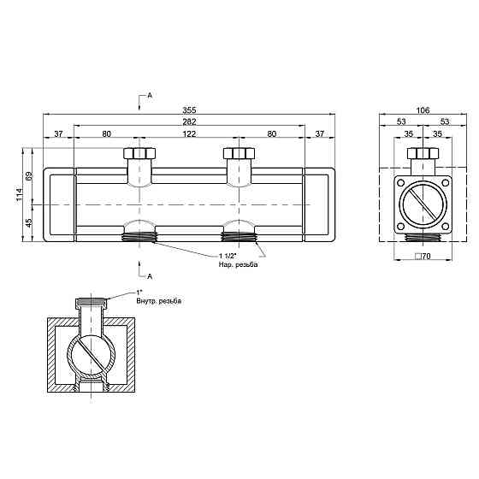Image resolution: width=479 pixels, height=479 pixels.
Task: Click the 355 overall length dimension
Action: click(x=189, y=109)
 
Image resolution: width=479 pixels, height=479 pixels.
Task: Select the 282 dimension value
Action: click(x=189, y=121)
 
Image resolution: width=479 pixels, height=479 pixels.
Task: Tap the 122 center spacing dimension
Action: click(x=189, y=133)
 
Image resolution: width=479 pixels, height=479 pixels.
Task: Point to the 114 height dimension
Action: click(x=19, y=194)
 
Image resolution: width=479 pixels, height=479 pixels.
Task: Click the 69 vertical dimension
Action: click(x=29, y=176)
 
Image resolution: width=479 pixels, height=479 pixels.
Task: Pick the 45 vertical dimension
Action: click(x=29, y=222)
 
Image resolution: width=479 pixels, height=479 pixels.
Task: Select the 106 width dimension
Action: click(x=423, y=110)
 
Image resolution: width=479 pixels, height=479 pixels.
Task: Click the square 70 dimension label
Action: click(x=423, y=257)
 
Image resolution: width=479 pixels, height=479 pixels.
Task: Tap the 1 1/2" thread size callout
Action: click(x=228, y=256)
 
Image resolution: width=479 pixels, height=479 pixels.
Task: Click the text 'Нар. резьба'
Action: click(x=238, y=264)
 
